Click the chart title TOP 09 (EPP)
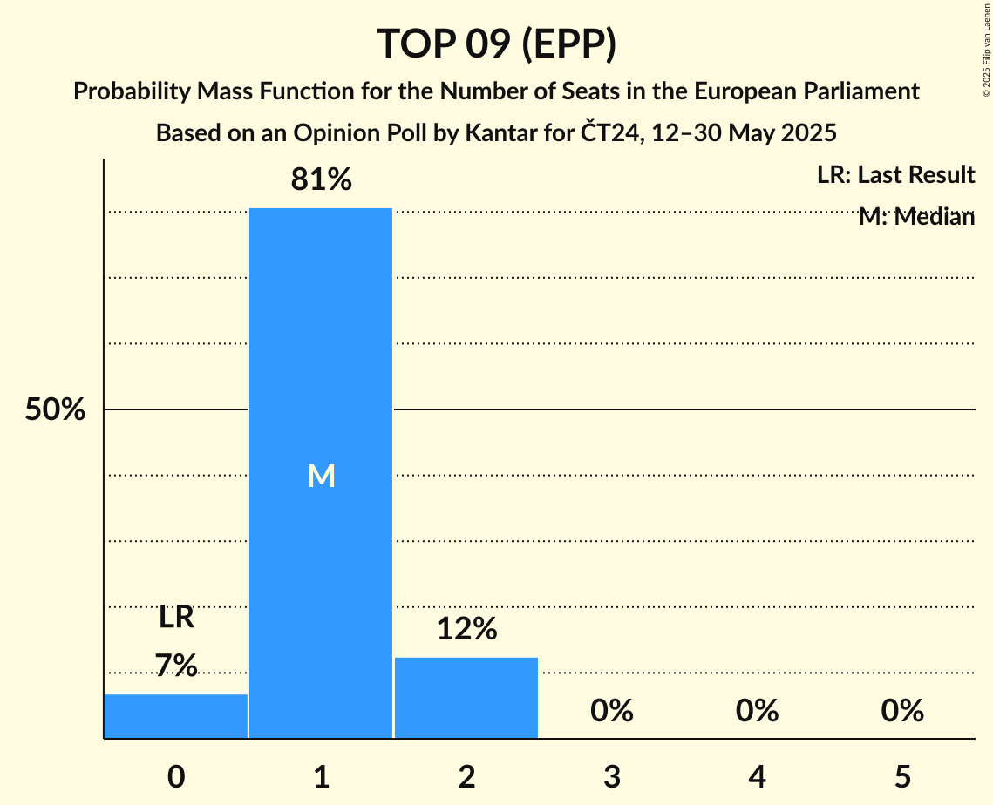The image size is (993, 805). click(496, 44)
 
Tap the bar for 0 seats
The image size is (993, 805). click(176, 716)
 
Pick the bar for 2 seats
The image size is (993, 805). click(466, 697)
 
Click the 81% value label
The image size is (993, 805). click(321, 180)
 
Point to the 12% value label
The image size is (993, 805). click(466, 628)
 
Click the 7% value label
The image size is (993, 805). click(176, 666)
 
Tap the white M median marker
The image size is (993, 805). click(321, 476)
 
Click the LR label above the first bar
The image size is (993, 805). click(176, 618)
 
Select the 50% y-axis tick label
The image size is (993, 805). click(55, 409)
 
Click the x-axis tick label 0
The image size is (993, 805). click(176, 776)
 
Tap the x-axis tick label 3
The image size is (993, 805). click(611, 776)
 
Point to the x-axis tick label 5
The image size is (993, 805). click(902, 776)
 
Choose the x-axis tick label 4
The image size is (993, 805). click(757, 776)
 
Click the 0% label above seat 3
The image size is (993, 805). click(611, 711)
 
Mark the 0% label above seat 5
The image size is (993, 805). click(902, 711)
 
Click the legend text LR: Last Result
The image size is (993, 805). click(895, 175)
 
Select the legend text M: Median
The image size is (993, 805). click(916, 217)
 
